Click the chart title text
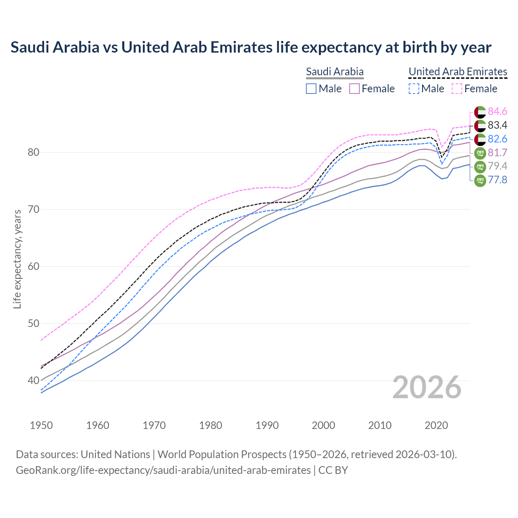(251, 47)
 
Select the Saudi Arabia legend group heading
(335, 72)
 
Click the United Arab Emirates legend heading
(458, 72)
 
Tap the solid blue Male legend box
(311, 89)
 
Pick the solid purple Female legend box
(355, 89)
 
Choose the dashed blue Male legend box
(414, 89)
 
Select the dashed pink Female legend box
(457, 89)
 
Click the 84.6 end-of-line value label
(497, 111)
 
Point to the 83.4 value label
(497, 125)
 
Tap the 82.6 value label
(497, 139)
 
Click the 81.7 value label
(497, 153)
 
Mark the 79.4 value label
(497, 166)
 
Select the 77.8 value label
(497, 180)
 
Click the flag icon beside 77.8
(480, 180)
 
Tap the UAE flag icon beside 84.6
(480, 112)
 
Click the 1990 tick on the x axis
(267, 425)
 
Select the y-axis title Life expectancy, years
(17, 259)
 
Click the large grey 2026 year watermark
(427, 387)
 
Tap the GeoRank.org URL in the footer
(163, 470)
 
